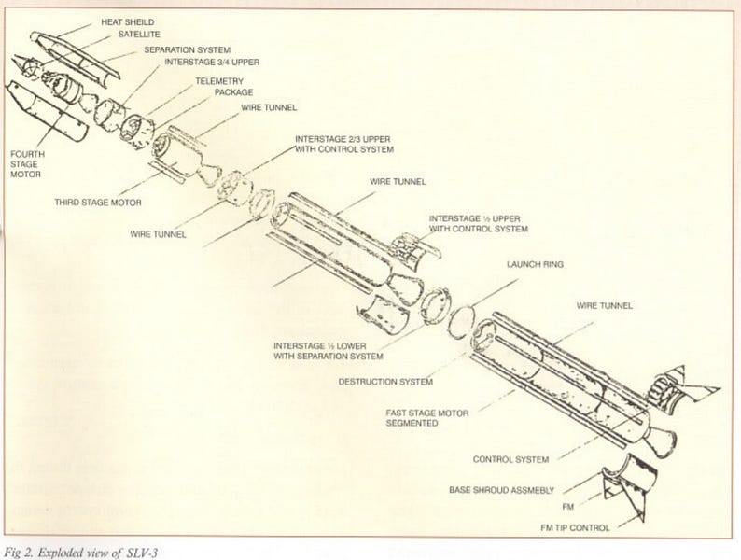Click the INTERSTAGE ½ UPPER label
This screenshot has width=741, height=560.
[479, 222]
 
